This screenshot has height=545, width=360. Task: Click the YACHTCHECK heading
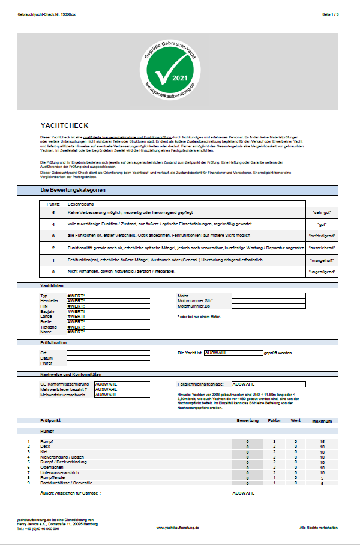[64, 126]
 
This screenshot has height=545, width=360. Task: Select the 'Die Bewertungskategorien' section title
[73, 190]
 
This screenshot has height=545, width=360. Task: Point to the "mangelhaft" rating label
[323, 260]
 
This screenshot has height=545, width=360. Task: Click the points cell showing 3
[53, 236]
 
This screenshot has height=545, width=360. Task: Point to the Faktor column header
[274, 421]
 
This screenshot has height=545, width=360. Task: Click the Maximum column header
[322, 421]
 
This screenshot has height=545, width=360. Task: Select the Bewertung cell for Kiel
[247, 451]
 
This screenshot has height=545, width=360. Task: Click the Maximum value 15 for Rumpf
[322, 441]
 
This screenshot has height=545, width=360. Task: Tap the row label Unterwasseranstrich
[62, 472]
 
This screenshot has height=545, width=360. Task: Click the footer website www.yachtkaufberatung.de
[177, 527]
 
